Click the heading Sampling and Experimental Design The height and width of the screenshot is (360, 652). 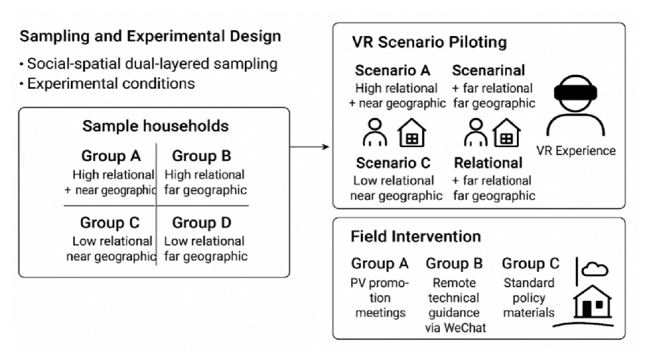click(150, 37)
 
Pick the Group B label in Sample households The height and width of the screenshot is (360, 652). click(201, 156)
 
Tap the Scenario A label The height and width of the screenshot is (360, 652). click(393, 71)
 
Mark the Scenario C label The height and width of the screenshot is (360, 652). click(393, 163)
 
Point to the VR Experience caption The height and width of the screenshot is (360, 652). click(575, 151)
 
